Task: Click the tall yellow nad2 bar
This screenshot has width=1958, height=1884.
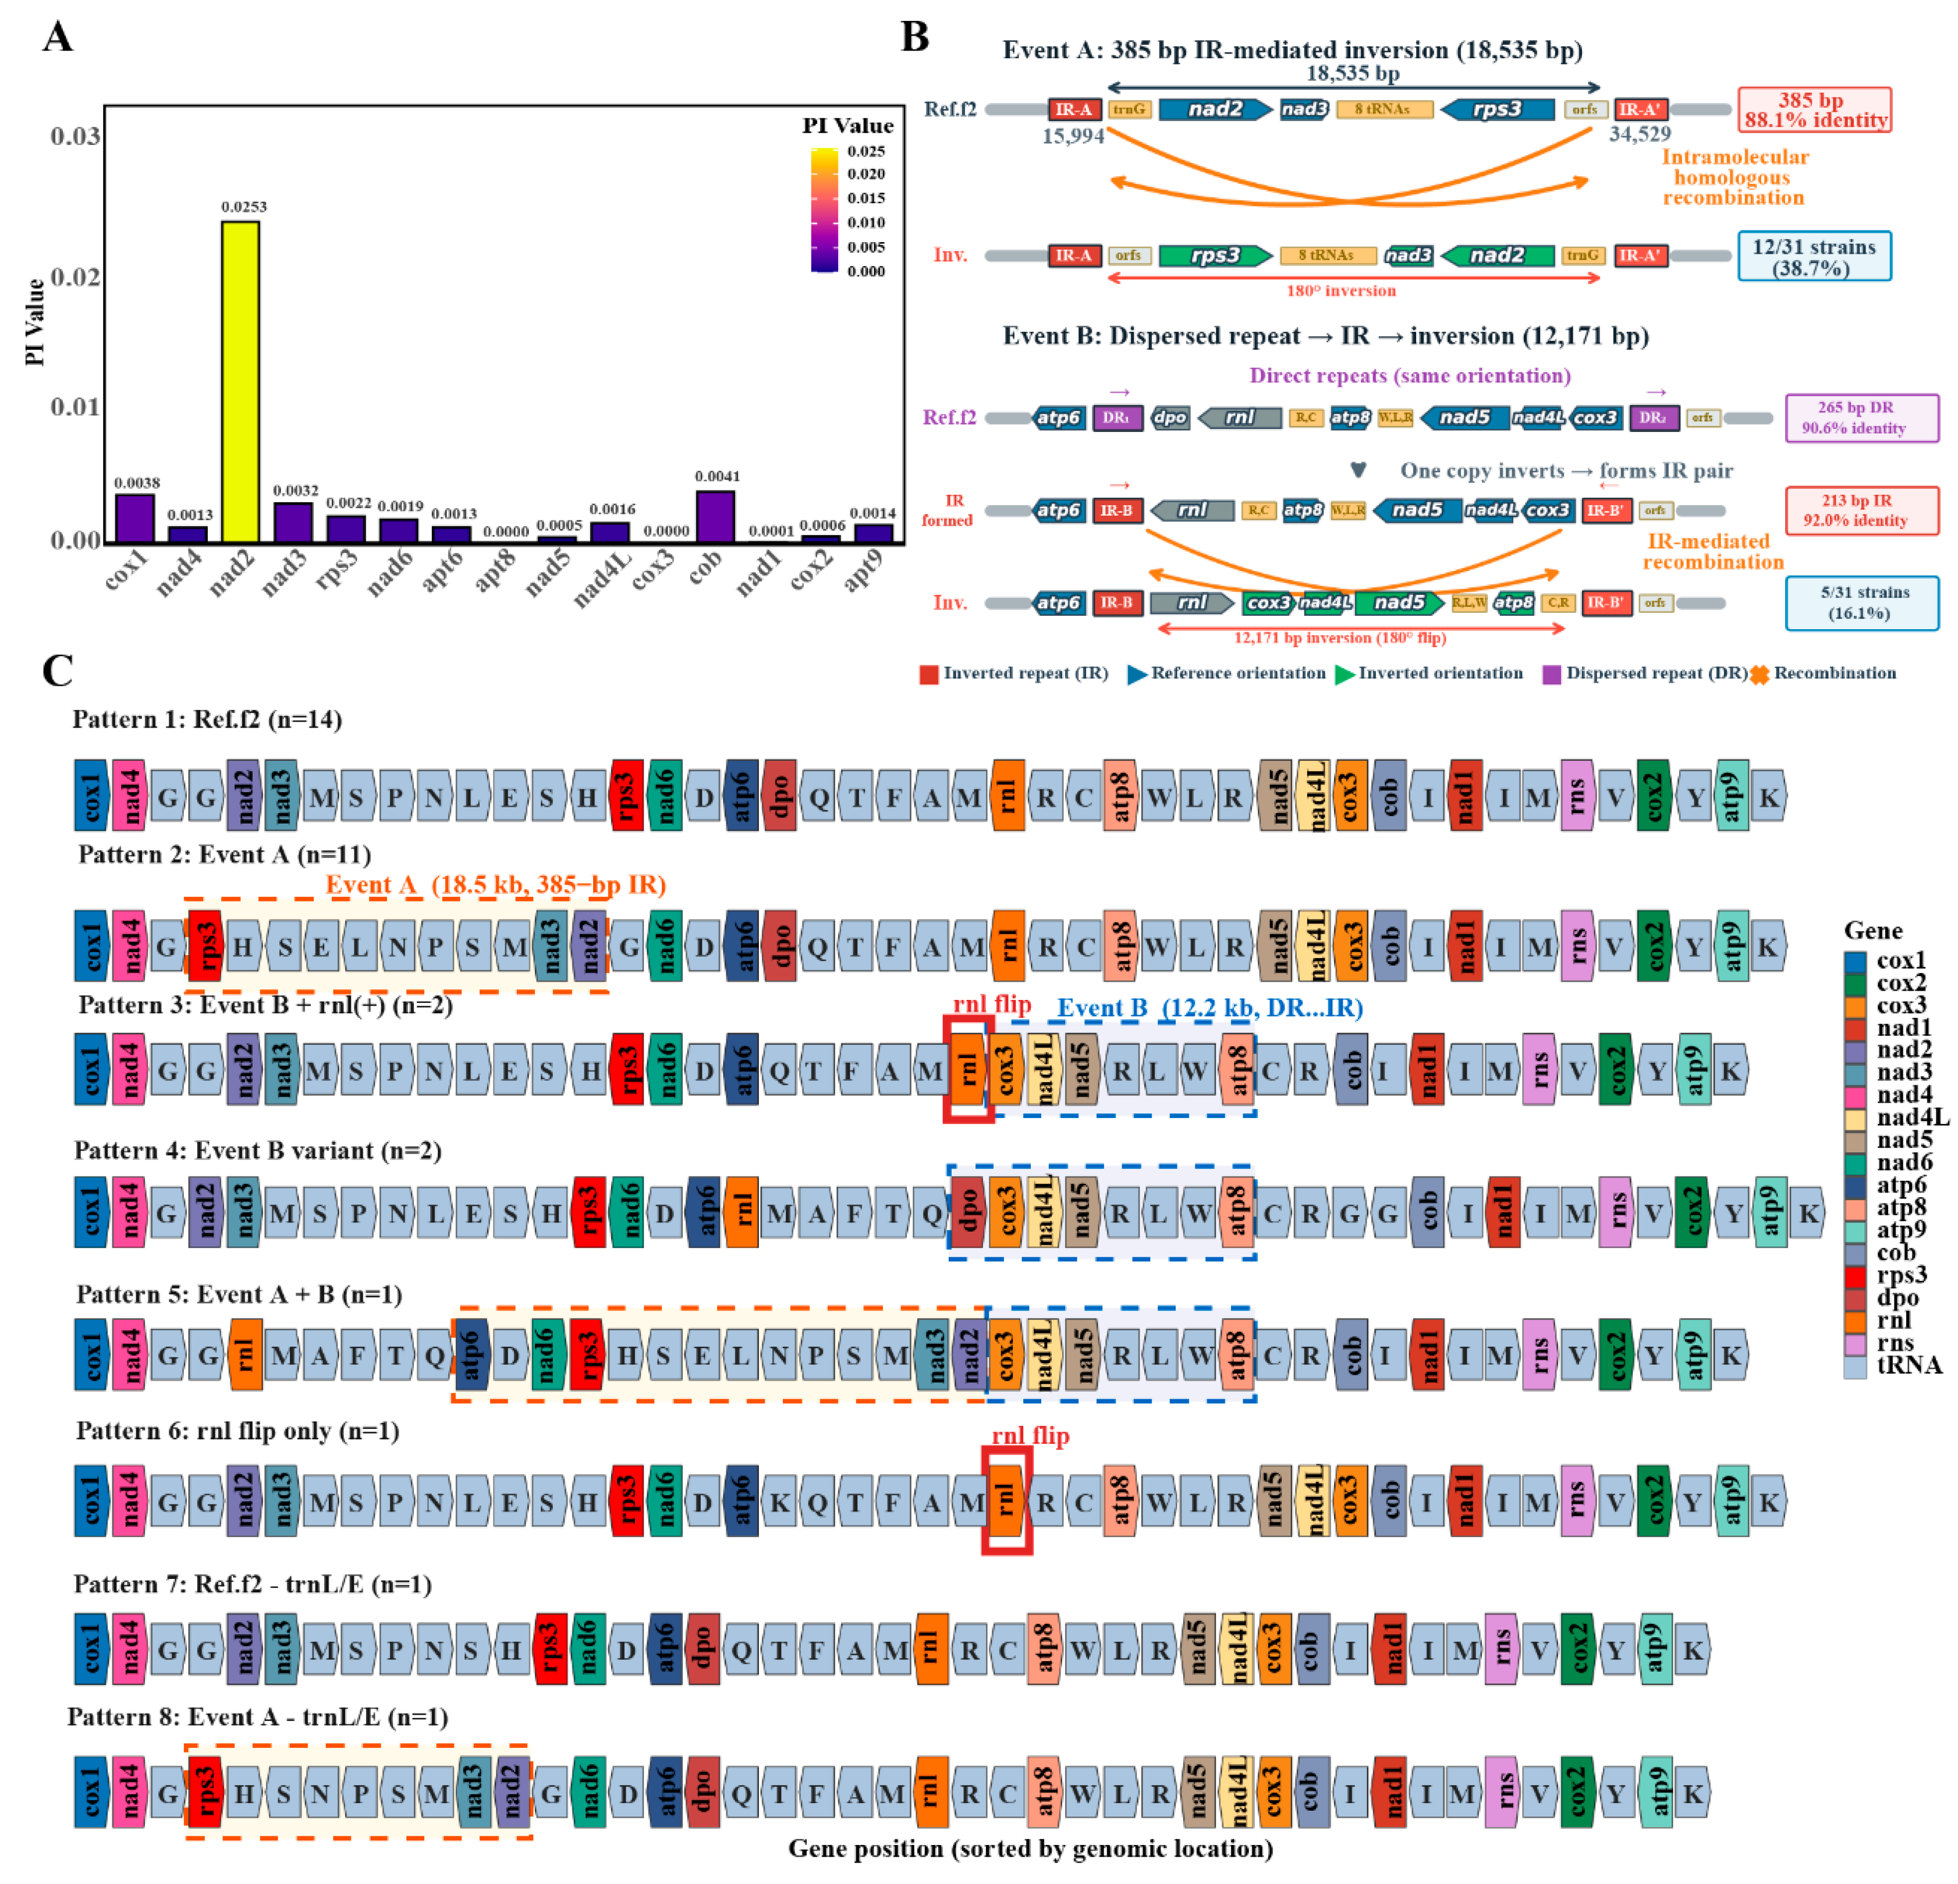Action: (240, 379)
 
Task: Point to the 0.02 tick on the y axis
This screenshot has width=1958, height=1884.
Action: (75, 276)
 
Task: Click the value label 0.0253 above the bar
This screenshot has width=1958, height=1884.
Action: (244, 207)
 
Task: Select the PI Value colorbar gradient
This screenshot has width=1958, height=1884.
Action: (824, 210)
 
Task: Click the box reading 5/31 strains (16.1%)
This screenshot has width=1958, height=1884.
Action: (1862, 602)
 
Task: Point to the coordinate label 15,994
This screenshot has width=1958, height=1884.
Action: (1073, 136)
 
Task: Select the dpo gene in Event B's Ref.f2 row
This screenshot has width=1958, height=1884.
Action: (1170, 417)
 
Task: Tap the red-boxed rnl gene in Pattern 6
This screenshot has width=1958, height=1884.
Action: (1006, 1500)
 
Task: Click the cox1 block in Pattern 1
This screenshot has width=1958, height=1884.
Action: (91, 796)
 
